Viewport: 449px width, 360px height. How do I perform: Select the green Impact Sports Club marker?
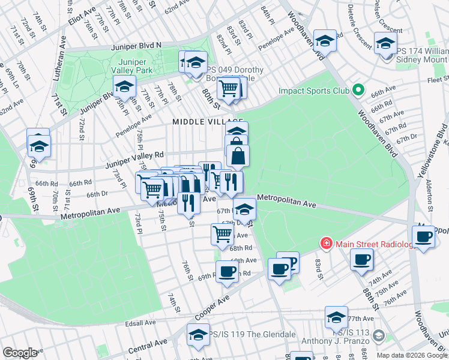click(359, 91)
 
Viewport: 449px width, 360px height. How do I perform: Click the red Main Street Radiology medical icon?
click(325, 244)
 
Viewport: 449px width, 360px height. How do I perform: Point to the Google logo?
click(20, 353)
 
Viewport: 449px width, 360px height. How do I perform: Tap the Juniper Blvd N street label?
click(136, 46)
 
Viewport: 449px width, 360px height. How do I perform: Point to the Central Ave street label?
click(147, 345)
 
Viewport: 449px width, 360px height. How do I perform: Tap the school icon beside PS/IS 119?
click(197, 334)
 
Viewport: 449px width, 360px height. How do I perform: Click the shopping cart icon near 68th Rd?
click(222, 234)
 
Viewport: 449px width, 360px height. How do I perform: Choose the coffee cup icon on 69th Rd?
click(227, 271)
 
